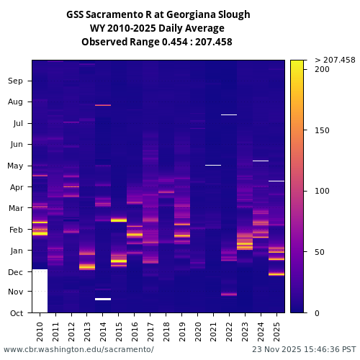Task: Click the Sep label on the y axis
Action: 15,81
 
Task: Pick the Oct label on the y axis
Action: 16,313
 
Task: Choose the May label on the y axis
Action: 15,166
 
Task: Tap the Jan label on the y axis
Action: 16,251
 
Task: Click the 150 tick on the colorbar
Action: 322,130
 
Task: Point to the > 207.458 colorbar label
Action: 335,60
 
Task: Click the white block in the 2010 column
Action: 40,291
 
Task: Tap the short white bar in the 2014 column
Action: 103,299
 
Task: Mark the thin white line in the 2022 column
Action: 229,114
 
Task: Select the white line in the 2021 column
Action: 213,165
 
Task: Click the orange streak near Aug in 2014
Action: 103,105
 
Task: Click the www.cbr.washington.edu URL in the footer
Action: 78,349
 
